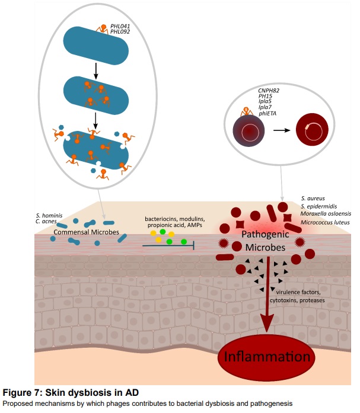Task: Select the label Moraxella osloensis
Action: (326, 213)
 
